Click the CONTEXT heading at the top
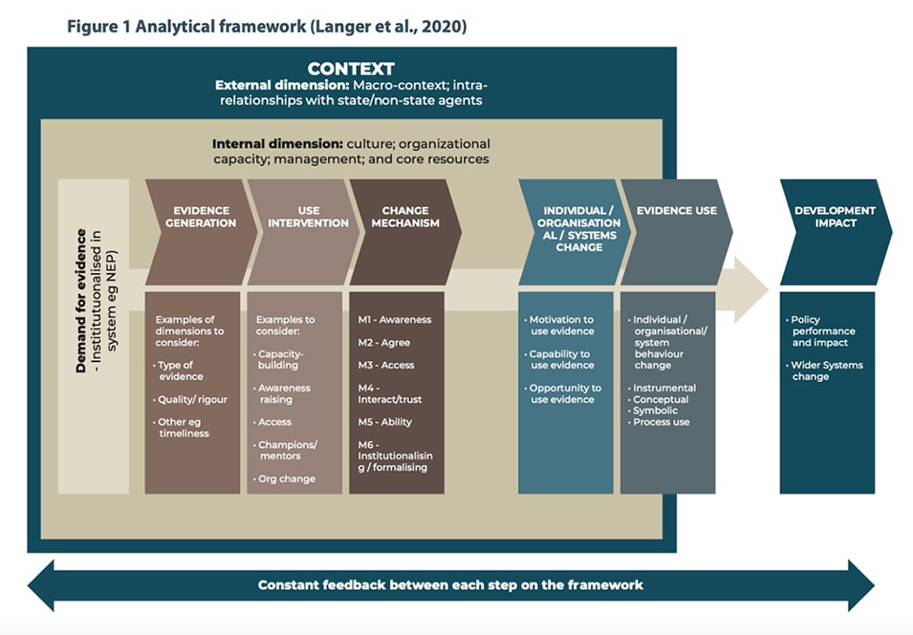[351, 69]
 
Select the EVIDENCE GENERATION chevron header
[200, 216]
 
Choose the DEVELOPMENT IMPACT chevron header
[834, 216]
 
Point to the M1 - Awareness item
[394, 320]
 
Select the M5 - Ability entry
[385, 422]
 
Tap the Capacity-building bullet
[278, 360]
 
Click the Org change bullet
[286, 479]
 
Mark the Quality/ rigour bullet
[192, 399]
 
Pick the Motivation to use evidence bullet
[561, 325]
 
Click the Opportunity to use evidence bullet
[565, 394]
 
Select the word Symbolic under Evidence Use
[655, 411]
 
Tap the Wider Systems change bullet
[826, 371]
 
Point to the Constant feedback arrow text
[450, 585]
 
